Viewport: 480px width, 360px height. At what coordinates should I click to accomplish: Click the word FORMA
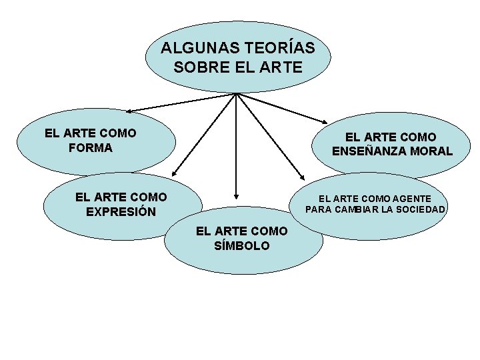pos(91,147)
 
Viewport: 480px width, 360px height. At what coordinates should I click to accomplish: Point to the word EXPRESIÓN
pos(121,212)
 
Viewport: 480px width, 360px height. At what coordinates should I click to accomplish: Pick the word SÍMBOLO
pos(242,245)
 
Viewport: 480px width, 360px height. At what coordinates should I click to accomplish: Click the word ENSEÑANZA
pos(370,151)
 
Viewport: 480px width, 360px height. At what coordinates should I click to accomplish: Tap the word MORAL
pos(431,151)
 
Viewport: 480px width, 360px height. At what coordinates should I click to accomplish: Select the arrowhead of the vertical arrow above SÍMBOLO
pos(236,197)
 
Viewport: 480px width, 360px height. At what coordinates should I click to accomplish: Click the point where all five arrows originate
pos(237,93)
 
